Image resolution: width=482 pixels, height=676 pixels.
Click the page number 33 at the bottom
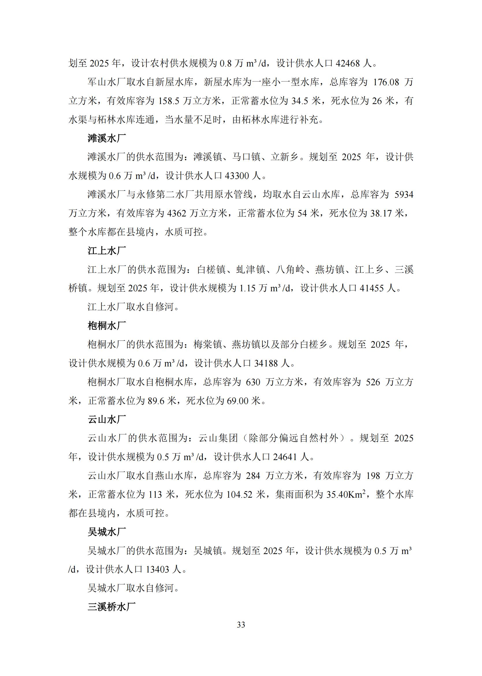241,625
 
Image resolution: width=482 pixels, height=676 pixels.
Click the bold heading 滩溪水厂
107,138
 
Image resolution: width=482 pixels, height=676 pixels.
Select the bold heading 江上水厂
107,251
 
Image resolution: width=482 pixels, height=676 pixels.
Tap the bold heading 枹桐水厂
107,326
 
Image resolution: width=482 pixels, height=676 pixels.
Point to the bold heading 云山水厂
107,420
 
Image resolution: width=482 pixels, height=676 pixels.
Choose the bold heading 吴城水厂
107,532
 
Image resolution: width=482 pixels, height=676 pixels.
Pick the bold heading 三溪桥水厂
111,607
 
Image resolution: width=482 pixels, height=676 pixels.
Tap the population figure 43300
237,176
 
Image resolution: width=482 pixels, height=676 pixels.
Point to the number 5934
404,195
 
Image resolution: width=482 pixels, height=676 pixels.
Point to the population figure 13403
157,569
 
